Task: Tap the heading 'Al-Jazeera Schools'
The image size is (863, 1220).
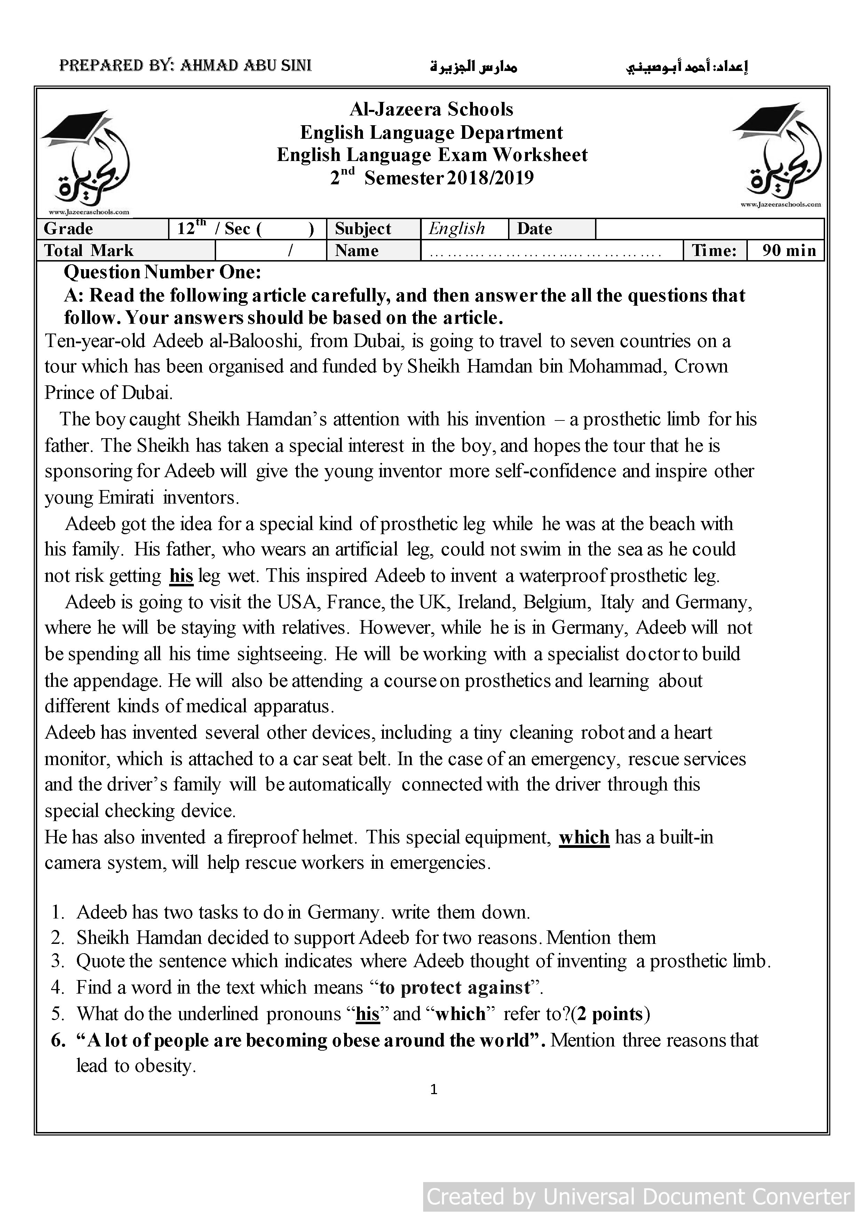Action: coord(431,110)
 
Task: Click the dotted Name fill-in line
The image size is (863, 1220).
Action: coord(545,252)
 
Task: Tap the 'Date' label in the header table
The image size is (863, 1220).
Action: coord(535,228)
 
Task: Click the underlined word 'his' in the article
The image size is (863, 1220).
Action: coord(181,576)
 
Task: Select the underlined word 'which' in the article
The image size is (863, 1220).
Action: coord(584,837)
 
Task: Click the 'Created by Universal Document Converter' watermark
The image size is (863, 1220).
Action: coord(638,1197)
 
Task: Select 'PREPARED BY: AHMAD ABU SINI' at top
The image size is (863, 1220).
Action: coord(185,65)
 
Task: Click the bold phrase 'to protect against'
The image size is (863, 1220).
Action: coord(455,987)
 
